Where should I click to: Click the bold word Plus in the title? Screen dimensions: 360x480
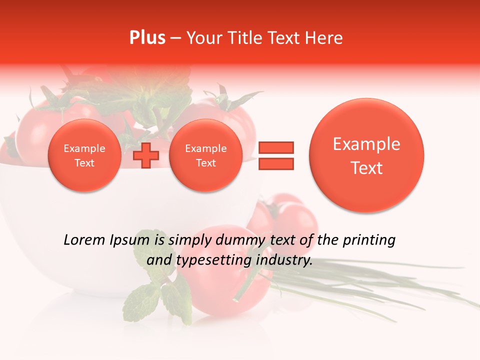tap(147, 38)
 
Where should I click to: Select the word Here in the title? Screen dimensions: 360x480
tap(325, 38)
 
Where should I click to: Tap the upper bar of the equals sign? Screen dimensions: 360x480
tap(275, 147)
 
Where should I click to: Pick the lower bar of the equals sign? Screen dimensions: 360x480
tap(275, 163)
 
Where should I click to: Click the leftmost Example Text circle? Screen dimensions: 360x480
tap(84, 155)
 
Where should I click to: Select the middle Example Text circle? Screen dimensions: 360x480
tap(205, 155)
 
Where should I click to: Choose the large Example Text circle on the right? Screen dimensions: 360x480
tap(366, 155)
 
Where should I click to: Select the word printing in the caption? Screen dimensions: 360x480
tap(368, 240)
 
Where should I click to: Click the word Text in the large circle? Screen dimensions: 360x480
tap(366, 168)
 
